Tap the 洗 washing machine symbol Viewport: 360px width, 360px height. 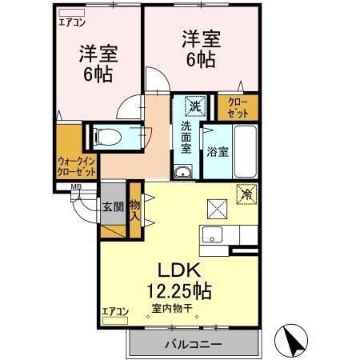[194, 105]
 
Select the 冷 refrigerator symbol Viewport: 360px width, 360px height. [246, 193]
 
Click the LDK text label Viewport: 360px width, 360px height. [178, 269]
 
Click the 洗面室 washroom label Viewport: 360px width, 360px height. [185, 137]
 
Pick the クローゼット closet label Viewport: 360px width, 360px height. [238, 108]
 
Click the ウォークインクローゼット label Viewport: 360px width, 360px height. [77, 166]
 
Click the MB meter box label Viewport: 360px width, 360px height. [76, 188]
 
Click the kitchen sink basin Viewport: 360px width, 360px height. [212, 235]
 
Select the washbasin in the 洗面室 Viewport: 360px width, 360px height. [183, 170]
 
